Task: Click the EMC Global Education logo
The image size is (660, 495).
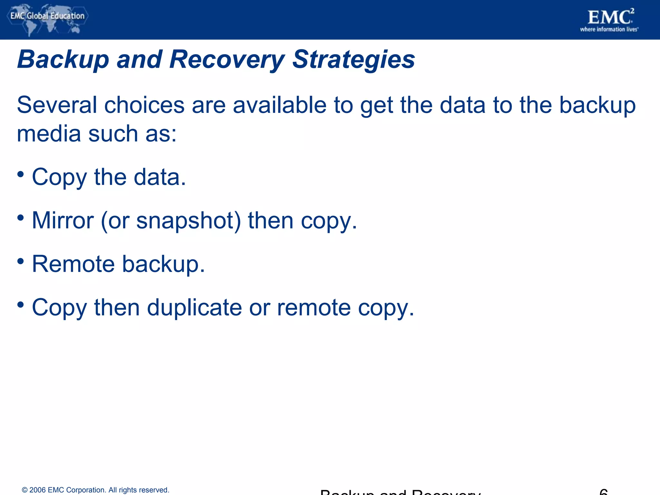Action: coord(47,19)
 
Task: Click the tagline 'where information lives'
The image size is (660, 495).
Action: coord(609,30)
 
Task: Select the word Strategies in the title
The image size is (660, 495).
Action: coord(354,60)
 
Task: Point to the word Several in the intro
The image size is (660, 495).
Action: coord(57,105)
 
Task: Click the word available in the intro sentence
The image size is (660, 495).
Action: coord(279,105)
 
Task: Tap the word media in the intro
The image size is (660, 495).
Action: coord(49,134)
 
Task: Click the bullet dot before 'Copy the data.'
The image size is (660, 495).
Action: coord(21,174)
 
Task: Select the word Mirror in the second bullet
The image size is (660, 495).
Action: coord(63,221)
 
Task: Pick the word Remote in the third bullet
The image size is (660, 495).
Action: coord(73,264)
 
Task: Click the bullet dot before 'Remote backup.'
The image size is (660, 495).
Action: coord(21,261)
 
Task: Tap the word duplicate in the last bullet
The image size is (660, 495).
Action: coord(194,307)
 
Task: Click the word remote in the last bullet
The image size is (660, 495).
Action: coord(314,307)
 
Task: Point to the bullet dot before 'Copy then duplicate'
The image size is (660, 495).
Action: coord(21,305)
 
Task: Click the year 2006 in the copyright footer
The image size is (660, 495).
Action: coord(37,490)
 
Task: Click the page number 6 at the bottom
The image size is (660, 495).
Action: coord(603,492)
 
